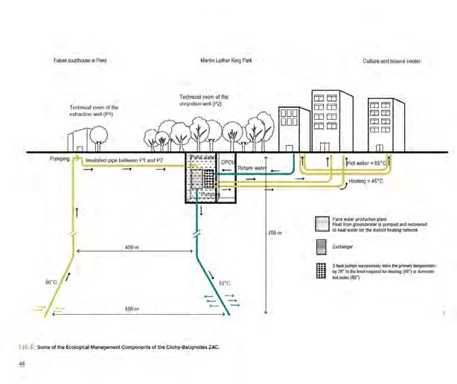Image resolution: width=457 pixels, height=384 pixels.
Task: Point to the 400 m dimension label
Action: (x=134, y=246)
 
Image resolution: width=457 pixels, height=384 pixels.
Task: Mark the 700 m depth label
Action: (x=275, y=232)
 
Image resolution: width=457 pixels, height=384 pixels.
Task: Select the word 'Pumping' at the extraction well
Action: (x=60, y=159)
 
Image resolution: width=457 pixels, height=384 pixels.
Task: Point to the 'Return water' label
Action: (x=252, y=168)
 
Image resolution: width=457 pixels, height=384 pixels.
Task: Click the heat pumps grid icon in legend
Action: (x=320, y=269)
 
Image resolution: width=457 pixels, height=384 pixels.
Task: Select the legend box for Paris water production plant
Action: (x=320, y=223)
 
